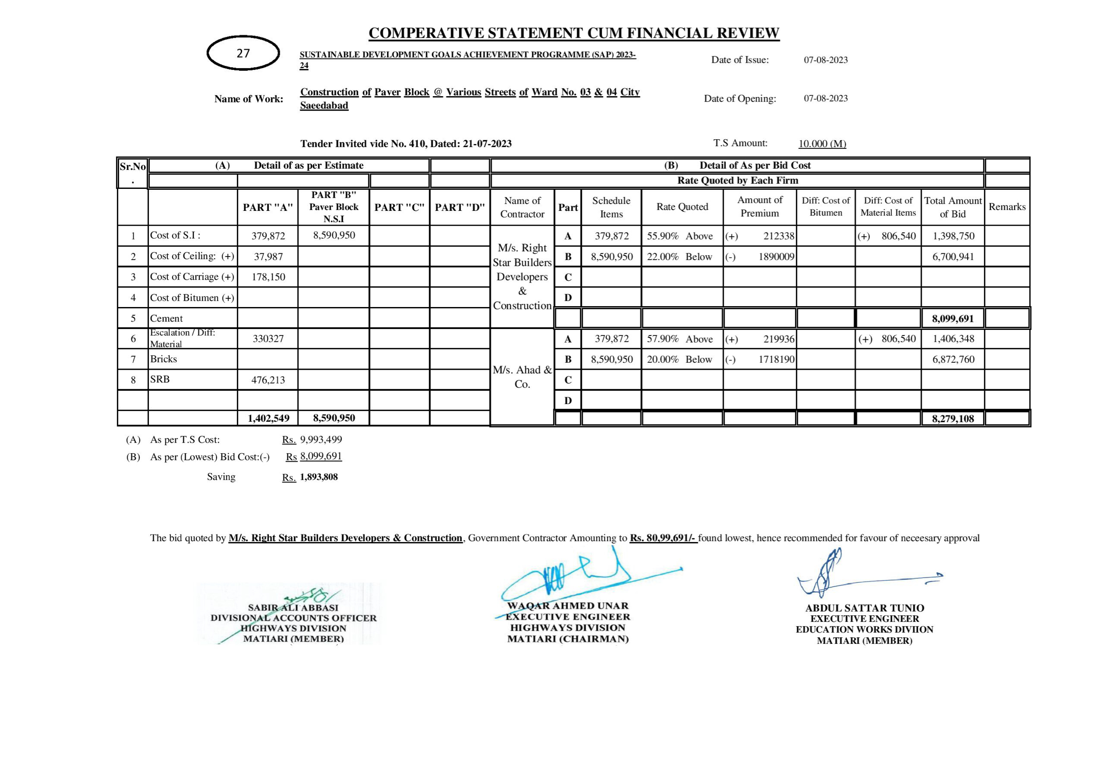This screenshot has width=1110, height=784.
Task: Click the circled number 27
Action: pos(243,53)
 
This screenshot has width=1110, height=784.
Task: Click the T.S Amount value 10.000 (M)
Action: pos(822,144)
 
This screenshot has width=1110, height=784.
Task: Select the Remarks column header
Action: pos(1007,207)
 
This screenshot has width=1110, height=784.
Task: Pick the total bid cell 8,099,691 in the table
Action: pos(953,318)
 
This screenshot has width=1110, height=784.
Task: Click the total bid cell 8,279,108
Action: pos(953,419)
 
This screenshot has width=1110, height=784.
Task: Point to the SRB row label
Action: pos(160,379)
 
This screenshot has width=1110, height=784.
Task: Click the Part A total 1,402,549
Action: pos(268,418)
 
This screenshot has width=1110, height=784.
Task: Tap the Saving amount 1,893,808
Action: pos(319,477)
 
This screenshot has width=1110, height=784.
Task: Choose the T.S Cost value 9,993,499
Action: pos(321,440)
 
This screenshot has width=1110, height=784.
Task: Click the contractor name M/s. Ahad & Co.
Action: pos(522,377)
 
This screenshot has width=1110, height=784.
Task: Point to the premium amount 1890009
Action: pos(776,257)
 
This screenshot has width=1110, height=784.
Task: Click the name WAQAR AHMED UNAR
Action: pos(568,606)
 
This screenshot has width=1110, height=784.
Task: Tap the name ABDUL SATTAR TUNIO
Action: pos(864,608)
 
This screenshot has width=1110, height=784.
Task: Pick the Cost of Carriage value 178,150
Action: pos(268,277)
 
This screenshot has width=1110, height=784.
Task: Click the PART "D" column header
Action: pos(460,207)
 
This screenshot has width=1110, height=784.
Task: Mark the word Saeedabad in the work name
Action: pos(324,105)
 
